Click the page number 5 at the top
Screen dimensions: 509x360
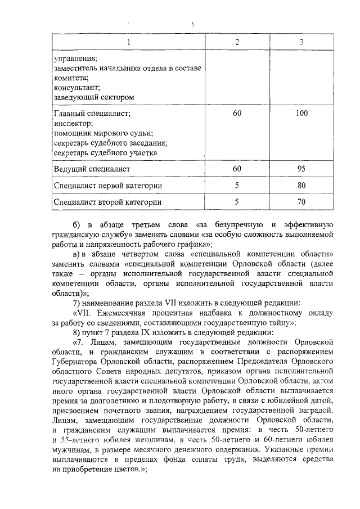(x=192, y=25)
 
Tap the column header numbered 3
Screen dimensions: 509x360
(x=301, y=43)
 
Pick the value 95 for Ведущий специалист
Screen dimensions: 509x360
(x=301, y=168)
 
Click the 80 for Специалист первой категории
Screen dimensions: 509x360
(x=301, y=185)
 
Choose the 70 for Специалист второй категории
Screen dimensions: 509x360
(x=301, y=201)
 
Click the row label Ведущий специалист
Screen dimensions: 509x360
(x=92, y=169)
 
